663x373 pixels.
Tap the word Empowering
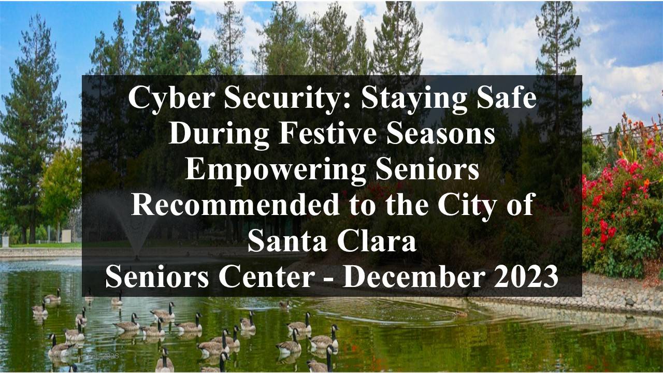tap(275, 171)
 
